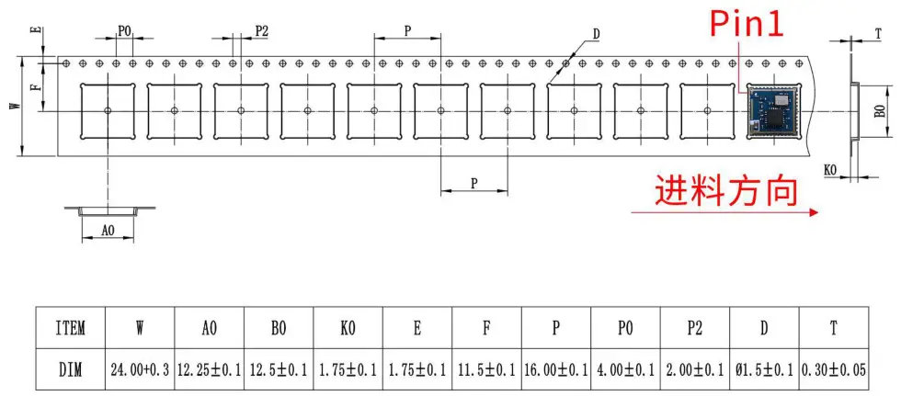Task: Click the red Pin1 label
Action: point(747,24)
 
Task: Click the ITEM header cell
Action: point(70,327)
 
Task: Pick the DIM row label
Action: point(70,370)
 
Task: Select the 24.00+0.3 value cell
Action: point(140,370)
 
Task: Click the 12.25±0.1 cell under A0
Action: point(210,370)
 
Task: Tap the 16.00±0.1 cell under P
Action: point(556,370)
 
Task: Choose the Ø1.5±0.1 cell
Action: point(764,370)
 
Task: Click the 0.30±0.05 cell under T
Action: point(833,370)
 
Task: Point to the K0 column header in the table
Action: point(348,327)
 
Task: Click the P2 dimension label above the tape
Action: point(262,31)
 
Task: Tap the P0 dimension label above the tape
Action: point(124,31)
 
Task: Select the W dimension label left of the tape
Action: point(14,106)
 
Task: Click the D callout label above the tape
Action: point(596,35)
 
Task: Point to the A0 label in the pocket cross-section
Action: point(108,231)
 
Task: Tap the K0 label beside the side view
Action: point(830,171)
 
